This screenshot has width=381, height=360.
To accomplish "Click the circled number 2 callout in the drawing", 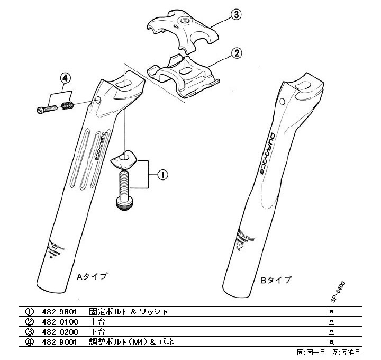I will pyautogui.click(x=237, y=53).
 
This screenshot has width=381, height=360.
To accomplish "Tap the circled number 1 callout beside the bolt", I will pyautogui.click(x=164, y=173).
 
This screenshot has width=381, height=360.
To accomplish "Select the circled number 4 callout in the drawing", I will pyautogui.click(x=64, y=78).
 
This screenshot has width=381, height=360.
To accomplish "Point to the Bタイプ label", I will pyautogui.click(x=276, y=279).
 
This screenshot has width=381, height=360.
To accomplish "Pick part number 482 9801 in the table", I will pyautogui.click(x=61, y=312).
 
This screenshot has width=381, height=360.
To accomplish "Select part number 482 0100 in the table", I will pyautogui.click(x=61, y=322).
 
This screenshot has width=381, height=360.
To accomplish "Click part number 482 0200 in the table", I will pyautogui.click(x=61, y=332).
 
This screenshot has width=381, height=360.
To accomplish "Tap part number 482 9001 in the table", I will pyautogui.click(x=61, y=342).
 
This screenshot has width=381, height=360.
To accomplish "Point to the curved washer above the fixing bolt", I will pyautogui.click(x=123, y=157).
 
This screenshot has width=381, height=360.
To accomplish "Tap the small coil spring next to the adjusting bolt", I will pyautogui.click(x=67, y=106).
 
